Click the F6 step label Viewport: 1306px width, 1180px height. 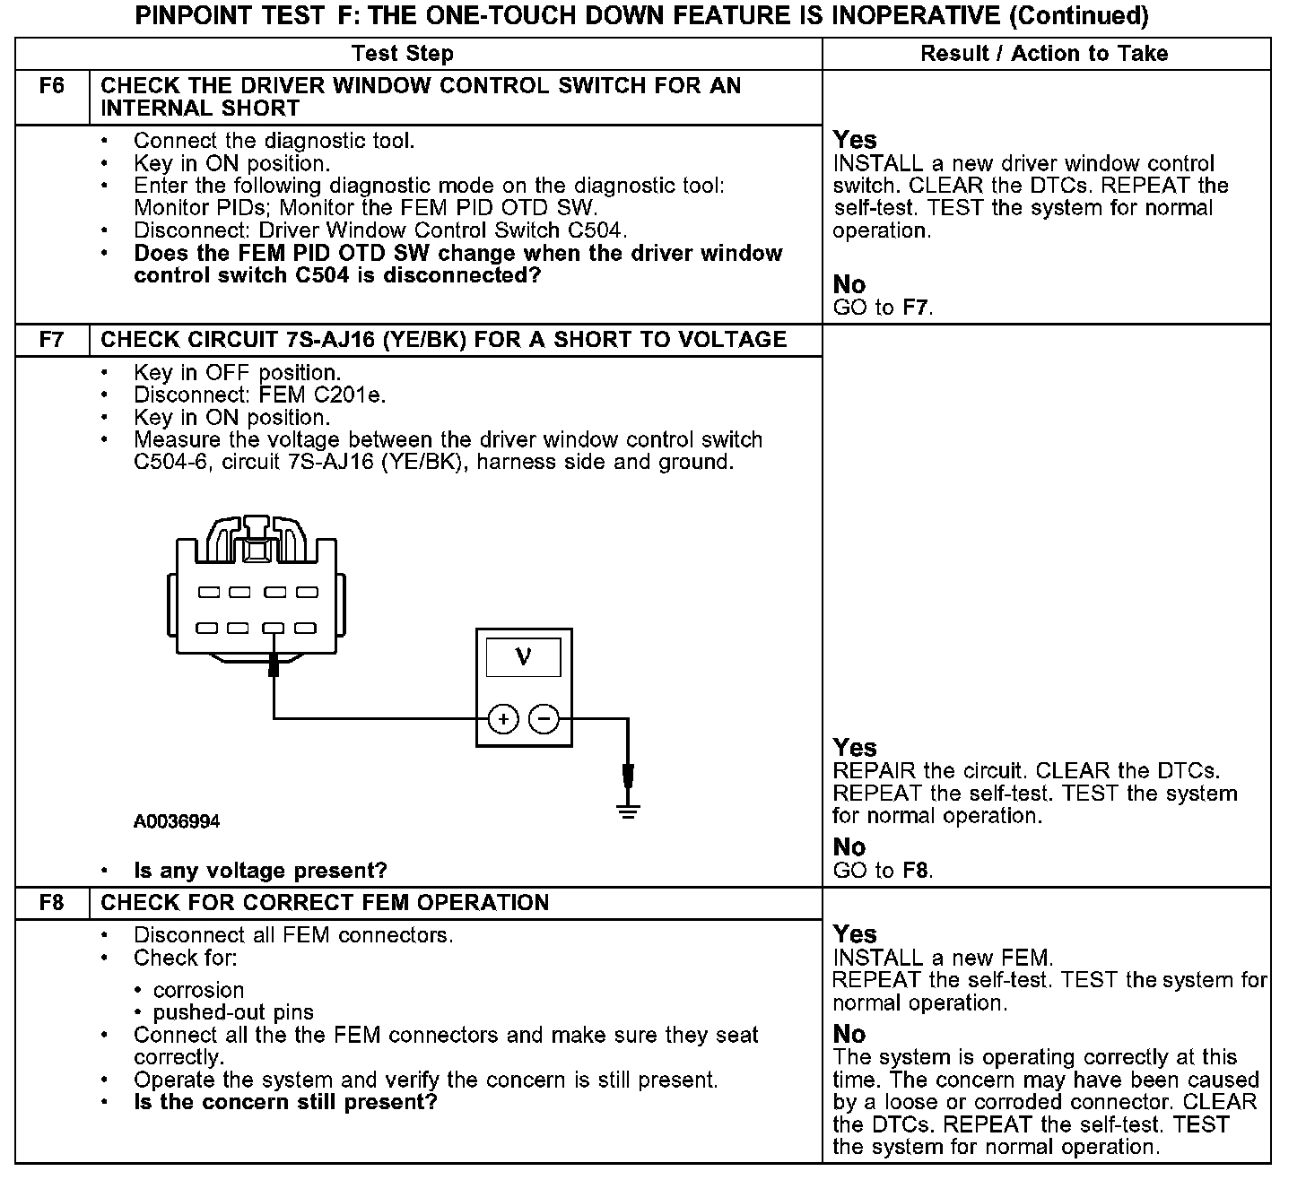(x=52, y=87)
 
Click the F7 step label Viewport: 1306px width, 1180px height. (x=52, y=340)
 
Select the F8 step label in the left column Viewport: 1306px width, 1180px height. (x=52, y=903)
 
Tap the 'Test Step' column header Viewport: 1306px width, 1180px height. (x=403, y=54)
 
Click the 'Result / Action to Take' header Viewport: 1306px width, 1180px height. (x=1044, y=54)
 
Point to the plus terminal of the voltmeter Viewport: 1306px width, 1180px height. (x=503, y=719)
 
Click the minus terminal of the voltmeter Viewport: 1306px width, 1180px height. (x=544, y=719)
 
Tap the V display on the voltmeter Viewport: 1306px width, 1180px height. (x=523, y=657)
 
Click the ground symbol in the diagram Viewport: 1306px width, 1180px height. (x=628, y=811)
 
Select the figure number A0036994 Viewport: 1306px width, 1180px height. (x=177, y=821)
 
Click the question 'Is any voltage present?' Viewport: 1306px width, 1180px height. (x=260, y=871)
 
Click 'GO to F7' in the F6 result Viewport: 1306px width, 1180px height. (x=884, y=308)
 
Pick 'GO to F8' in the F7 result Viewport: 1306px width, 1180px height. (x=884, y=871)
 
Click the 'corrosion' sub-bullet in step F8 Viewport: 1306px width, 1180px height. (x=198, y=990)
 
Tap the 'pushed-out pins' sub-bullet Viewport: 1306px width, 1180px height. (x=233, y=1012)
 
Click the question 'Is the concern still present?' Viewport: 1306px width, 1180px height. (x=285, y=1102)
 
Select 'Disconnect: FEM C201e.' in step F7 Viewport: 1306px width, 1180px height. (x=260, y=395)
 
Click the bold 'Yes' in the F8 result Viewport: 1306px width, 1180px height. (x=855, y=934)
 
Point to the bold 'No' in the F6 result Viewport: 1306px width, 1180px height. (x=849, y=284)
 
